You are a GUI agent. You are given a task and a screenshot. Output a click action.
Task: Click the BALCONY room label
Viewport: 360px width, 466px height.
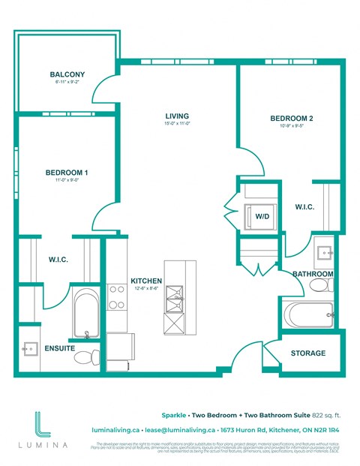point(67,74)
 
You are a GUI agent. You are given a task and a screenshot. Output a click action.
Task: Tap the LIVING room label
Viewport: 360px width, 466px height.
point(178,116)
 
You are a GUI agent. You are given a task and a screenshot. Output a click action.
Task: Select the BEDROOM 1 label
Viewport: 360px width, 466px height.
point(67,173)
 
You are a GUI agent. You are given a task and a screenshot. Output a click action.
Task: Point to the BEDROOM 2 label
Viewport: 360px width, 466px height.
point(292,119)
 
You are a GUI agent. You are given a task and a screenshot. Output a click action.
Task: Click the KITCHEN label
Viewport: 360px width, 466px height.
point(147,281)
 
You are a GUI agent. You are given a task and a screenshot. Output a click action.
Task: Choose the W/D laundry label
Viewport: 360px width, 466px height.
point(262,216)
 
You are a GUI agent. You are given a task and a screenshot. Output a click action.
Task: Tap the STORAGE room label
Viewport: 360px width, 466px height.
point(308,353)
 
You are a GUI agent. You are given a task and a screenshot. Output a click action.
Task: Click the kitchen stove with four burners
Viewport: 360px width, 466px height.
point(116,297)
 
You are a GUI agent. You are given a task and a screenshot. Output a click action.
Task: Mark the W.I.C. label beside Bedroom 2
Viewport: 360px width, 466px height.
point(304,206)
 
